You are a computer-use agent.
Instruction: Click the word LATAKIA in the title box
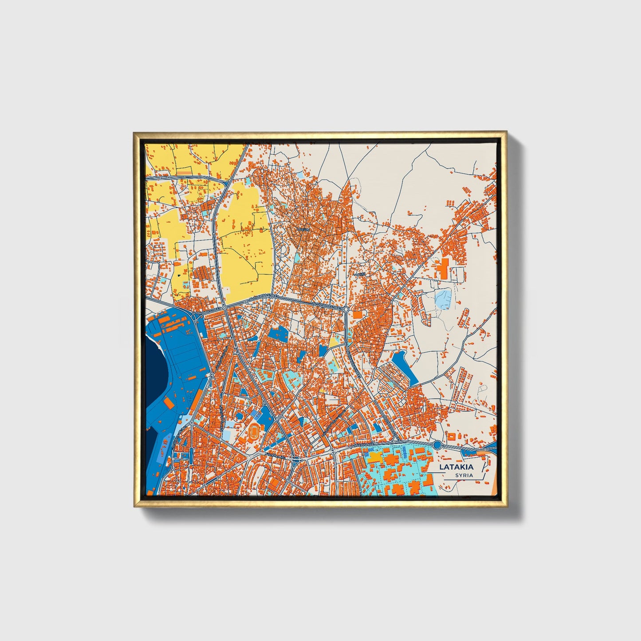[x=456, y=467]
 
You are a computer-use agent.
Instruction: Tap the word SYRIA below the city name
[x=464, y=476]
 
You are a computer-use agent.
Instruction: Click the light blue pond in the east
[x=443, y=298]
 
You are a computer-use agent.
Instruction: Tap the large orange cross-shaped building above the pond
[x=442, y=269]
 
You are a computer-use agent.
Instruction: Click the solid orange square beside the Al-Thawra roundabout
[x=358, y=315]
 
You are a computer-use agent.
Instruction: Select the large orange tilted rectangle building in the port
[x=169, y=402]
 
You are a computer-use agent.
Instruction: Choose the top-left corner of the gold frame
[x=134, y=133]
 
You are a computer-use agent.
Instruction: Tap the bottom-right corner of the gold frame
[x=506, y=506]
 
